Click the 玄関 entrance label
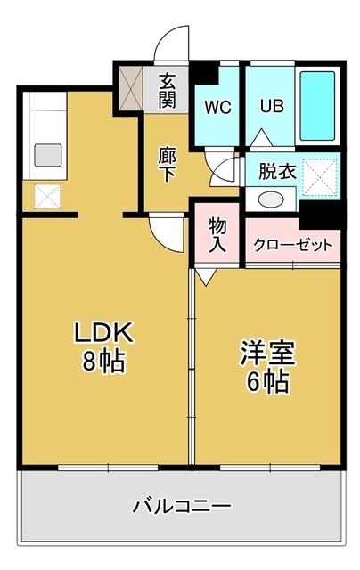pyautogui.click(x=167, y=91)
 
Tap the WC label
pyautogui.click(x=217, y=108)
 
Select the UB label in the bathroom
pyautogui.click(x=271, y=107)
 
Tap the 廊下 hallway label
pyautogui.click(x=168, y=162)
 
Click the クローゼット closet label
pyautogui.click(x=293, y=244)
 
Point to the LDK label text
pyautogui.click(x=102, y=334)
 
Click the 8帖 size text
pyautogui.click(x=102, y=362)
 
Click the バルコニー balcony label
pyautogui.click(x=183, y=507)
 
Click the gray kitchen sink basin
pyautogui.click(x=47, y=154)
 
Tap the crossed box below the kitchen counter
pyautogui.click(x=46, y=195)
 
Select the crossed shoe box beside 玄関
pyautogui.click(x=130, y=85)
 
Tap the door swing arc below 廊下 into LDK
pyautogui.click(x=163, y=234)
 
